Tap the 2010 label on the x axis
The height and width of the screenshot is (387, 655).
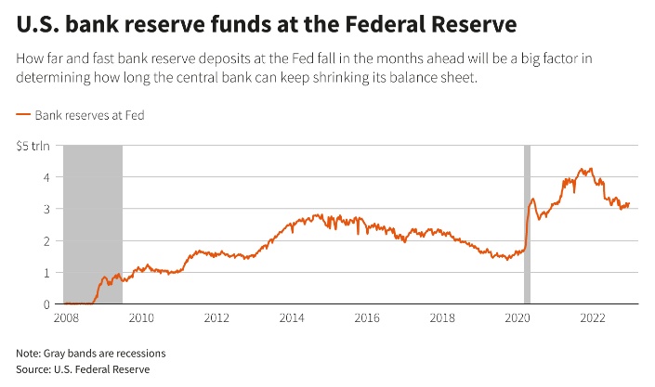click(140, 318)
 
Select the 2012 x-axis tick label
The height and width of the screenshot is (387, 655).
click(216, 318)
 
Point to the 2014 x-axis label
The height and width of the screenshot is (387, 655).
click(292, 318)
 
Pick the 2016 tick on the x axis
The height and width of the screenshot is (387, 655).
click(368, 318)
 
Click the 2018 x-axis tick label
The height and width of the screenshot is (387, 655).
click(443, 318)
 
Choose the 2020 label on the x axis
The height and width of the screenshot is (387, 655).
click(518, 318)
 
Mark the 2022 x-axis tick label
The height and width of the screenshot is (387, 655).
click(594, 318)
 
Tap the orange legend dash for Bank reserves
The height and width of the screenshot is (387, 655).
click(23, 115)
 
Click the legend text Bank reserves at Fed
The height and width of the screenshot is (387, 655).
click(89, 115)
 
